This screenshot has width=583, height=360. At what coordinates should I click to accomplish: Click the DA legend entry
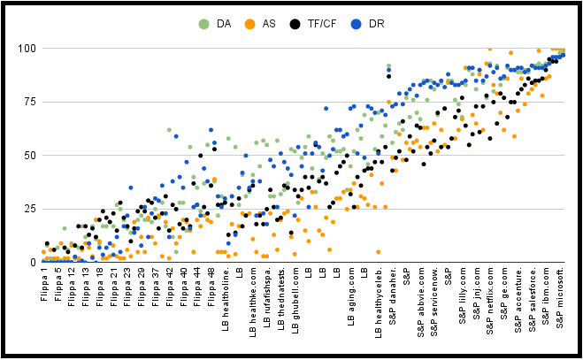pos(219,24)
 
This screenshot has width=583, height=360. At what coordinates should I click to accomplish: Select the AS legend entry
pos(266,24)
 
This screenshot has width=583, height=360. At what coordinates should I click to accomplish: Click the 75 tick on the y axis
pos(27,102)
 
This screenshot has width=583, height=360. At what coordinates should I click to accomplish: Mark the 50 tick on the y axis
pos(27,155)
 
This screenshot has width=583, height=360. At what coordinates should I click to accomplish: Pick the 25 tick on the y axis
pos(27,209)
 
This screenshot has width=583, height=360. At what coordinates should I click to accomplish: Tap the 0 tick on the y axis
pos(30,263)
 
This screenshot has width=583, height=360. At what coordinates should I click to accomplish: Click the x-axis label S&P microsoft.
pos(561,298)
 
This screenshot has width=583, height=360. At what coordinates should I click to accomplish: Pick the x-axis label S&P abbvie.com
pos(419,299)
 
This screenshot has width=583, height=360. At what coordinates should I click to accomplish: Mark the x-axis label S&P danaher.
pos(392,295)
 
